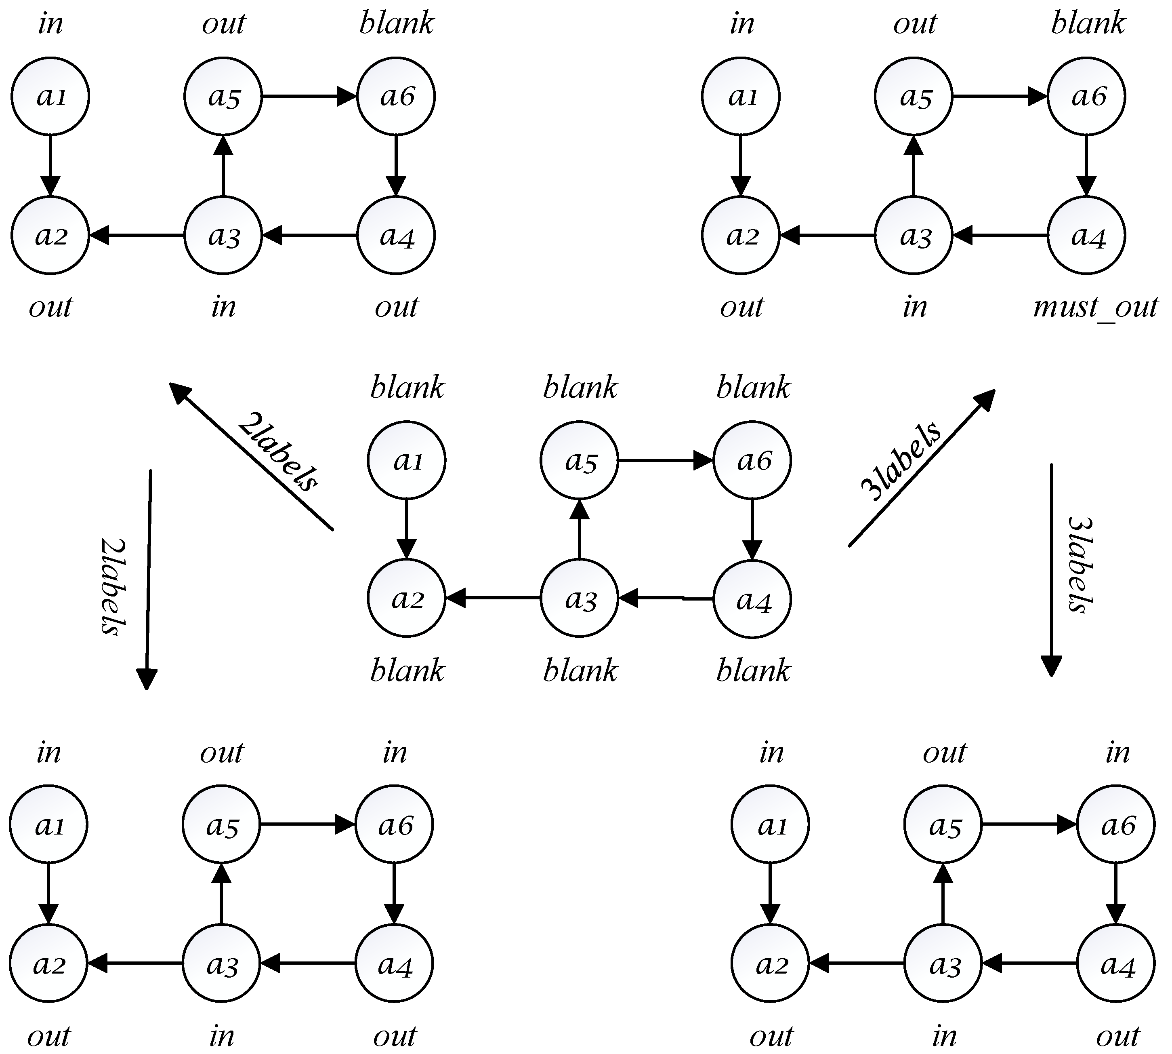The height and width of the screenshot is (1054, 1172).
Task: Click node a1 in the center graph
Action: pyautogui.click(x=406, y=460)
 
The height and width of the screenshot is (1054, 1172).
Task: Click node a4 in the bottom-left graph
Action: pyautogui.click(x=394, y=964)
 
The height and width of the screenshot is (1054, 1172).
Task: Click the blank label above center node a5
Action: pyautogui.click(x=580, y=388)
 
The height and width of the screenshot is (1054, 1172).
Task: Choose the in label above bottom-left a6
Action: pyautogui.click(x=395, y=753)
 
